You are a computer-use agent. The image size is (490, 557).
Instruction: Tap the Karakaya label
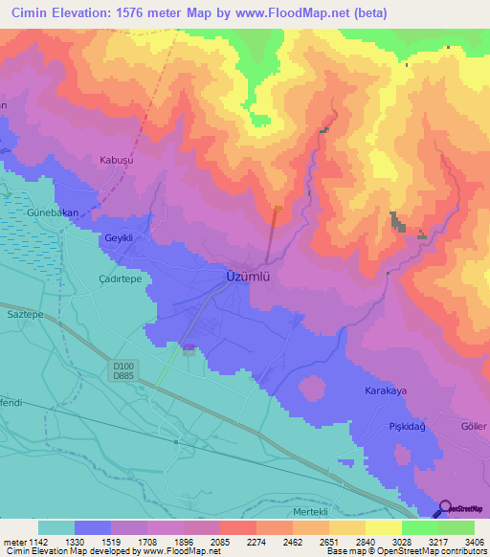coord(387,391)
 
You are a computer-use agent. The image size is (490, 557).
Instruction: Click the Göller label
coord(474,426)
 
